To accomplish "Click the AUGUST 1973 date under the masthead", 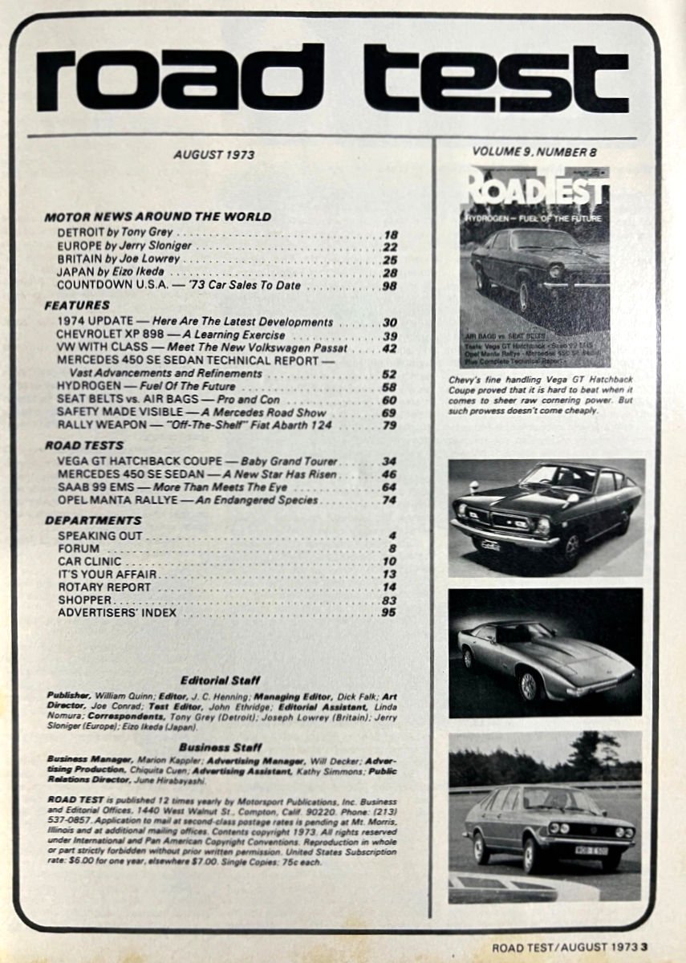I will [215, 155].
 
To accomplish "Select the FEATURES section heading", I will [77, 306].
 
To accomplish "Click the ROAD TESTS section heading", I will [84, 445].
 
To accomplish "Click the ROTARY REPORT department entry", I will [104, 587].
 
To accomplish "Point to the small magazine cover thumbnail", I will [534, 266].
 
